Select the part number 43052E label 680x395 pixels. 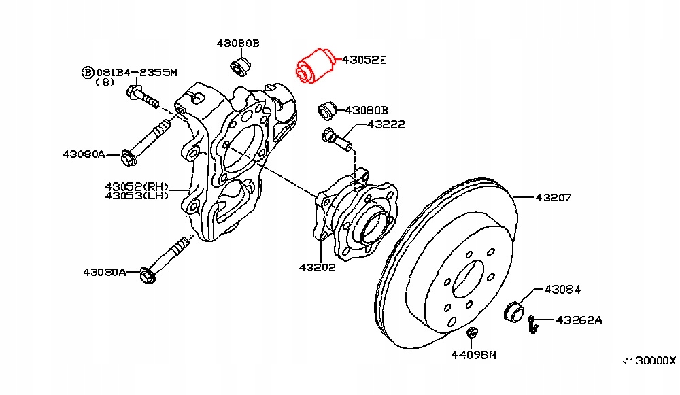tap(364, 60)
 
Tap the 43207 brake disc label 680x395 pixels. tap(553, 198)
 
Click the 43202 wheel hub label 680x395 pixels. tap(317, 267)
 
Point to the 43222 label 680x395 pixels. tap(386, 124)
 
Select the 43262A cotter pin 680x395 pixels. tap(534, 324)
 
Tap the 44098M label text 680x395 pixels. tap(474, 354)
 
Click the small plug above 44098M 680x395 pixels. tap(471, 332)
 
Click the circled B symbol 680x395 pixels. tap(87, 71)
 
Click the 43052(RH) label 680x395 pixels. tap(136, 186)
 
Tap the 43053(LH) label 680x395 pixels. tap(136, 196)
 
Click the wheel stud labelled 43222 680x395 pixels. tap(336, 138)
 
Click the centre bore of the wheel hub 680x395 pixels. tap(374, 226)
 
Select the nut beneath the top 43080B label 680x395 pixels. tap(239, 67)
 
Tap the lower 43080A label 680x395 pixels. tap(105, 272)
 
